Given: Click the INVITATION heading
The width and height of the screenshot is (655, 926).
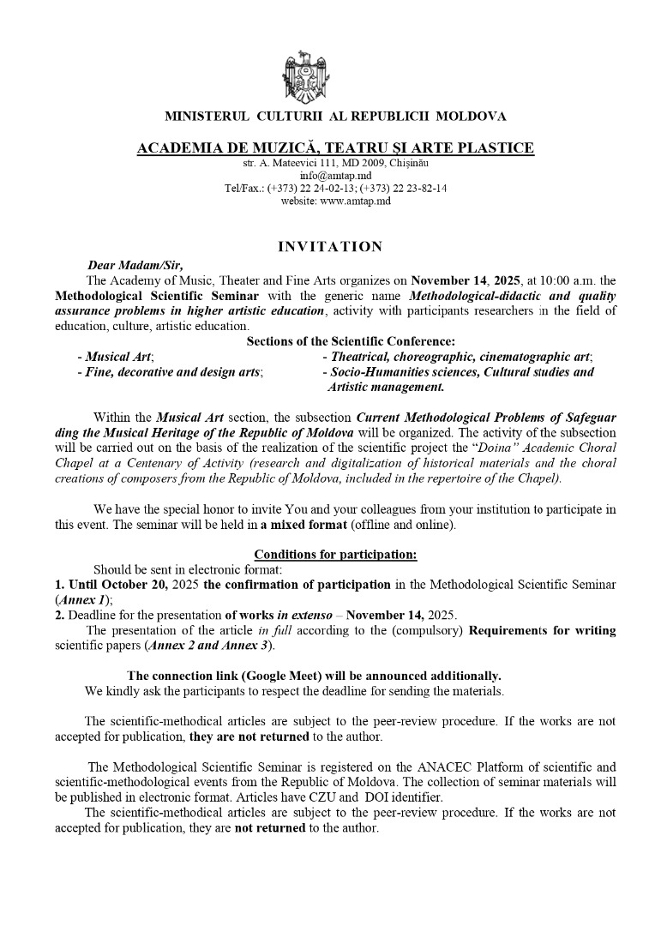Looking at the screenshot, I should pos(330,247).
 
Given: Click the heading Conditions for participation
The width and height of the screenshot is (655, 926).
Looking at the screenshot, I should pos(335,555).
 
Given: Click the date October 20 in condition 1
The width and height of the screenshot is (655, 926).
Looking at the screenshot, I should pos(131,585).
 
